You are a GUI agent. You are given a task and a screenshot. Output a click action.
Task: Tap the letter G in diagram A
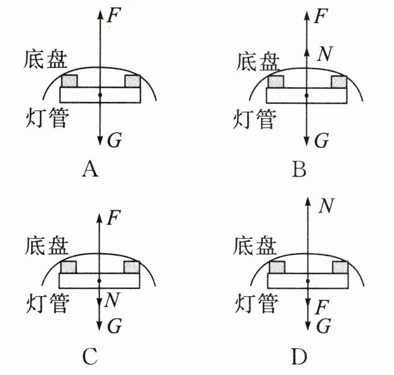tap(114, 141)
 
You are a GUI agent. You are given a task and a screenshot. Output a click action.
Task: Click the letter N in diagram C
tap(112, 301)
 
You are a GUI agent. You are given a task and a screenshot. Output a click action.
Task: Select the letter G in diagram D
tap(322, 325)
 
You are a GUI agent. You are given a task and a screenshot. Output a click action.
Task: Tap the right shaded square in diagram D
tap(341, 267)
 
